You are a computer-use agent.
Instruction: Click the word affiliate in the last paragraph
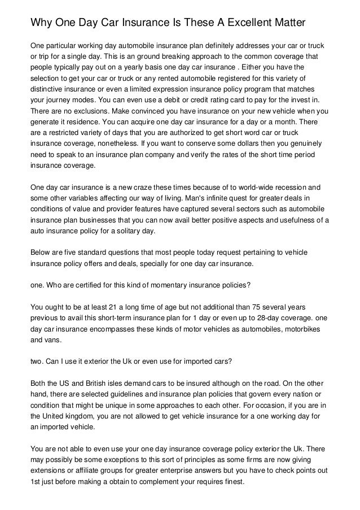point(90,468)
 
